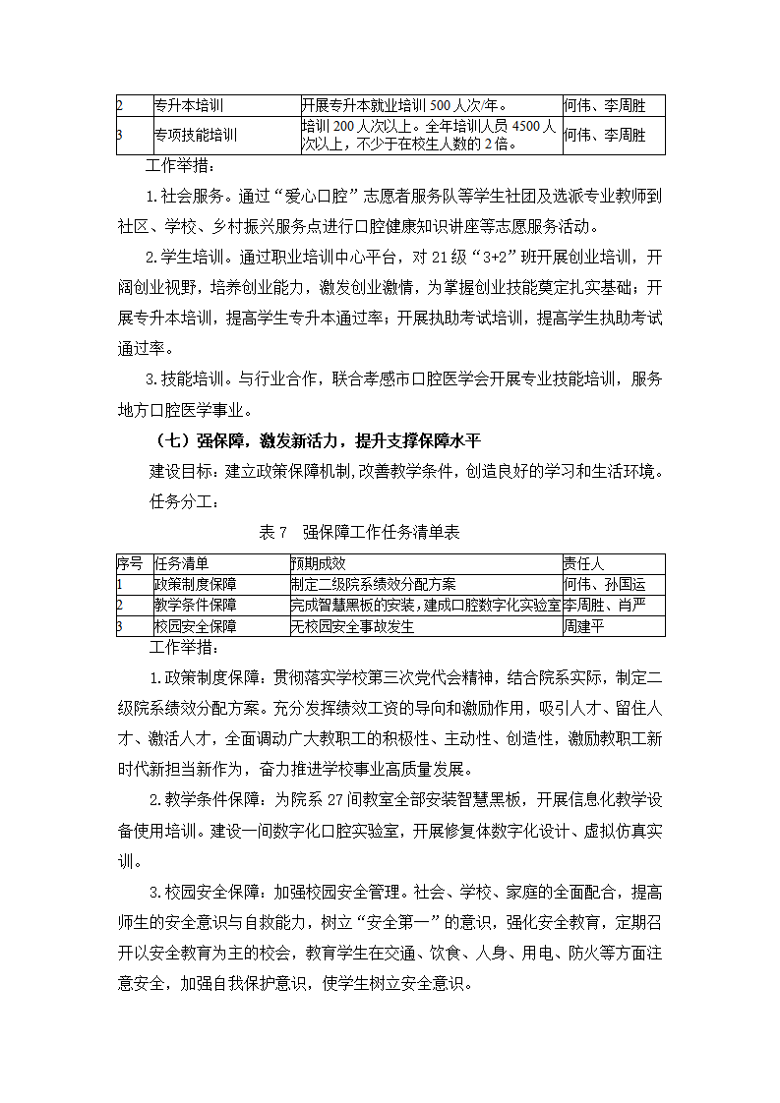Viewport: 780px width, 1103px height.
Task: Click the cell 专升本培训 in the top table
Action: [196, 106]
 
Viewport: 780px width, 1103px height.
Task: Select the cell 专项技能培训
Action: [196, 136]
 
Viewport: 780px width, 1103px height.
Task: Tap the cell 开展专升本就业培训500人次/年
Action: [404, 106]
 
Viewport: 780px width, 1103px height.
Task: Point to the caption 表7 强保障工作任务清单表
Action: [359, 532]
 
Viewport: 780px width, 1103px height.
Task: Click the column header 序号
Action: [130, 563]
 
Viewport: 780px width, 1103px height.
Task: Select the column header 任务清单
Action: [182, 563]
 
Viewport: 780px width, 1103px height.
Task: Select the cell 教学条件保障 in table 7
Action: [195, 605]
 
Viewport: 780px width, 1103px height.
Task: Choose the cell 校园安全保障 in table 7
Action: [195, 626]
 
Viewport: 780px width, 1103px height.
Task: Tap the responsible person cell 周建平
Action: [582, 626]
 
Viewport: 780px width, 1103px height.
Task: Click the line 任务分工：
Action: [183, 500]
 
